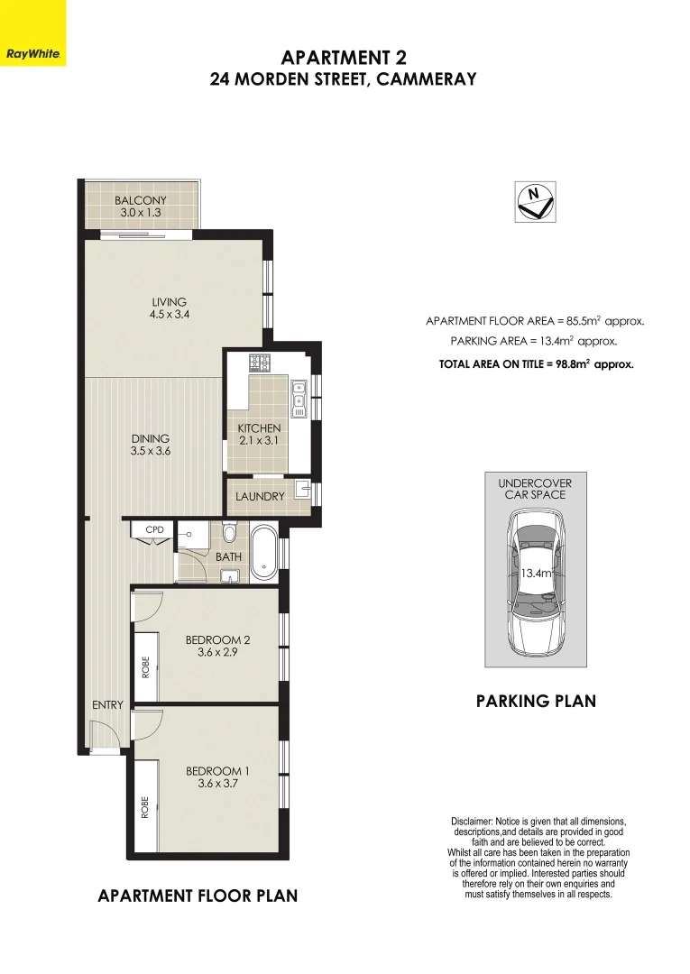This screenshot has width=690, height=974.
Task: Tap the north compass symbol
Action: tap(534, 200)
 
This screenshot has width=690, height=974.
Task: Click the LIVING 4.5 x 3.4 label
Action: tap(169, 308)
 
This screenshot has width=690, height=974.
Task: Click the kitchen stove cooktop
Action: tap(262, 363)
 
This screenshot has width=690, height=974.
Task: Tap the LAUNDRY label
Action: tap(260, 497)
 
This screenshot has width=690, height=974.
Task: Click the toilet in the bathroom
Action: tap(229, 534)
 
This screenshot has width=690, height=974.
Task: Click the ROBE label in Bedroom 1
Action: tap(144, 805)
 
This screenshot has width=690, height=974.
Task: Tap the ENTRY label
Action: tap(106, 704)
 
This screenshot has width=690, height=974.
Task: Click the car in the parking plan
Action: tap(535, 582)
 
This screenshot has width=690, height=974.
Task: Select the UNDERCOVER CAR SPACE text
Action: tap(535, 489)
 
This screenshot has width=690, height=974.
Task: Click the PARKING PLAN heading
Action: tap(536, 701)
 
